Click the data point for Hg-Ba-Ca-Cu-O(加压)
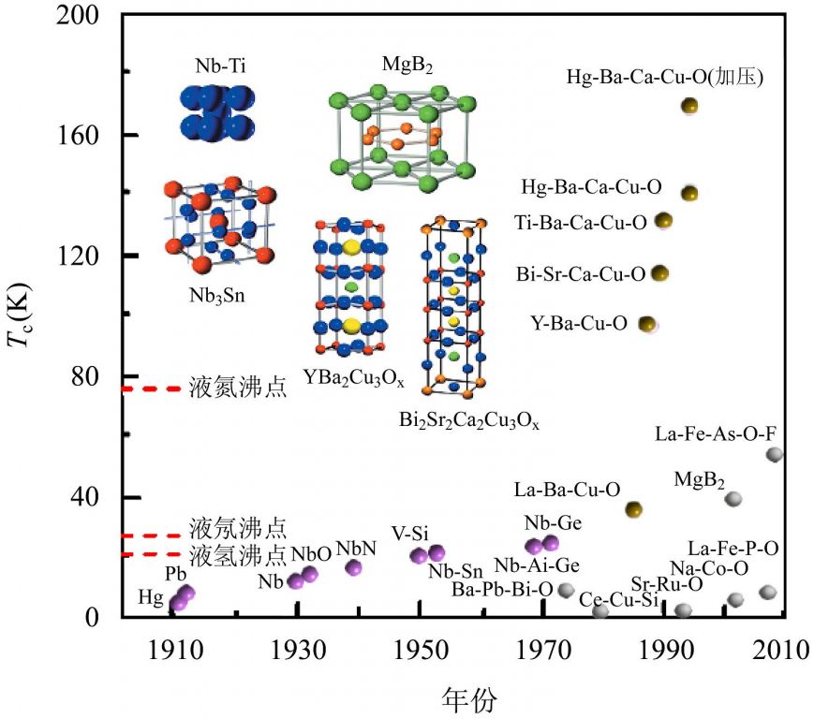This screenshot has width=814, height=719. pos(689,106)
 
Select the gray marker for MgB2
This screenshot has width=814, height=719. pos(733,499)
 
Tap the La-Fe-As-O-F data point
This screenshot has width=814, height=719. pos(775,454)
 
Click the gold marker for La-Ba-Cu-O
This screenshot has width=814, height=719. pos(634,509)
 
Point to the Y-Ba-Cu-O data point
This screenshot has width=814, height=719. pos(646,324)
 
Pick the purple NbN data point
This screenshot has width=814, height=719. pos(354,567)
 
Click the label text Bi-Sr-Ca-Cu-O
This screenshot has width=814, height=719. pos(581,274)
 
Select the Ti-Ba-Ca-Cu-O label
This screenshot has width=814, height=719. pos(581,222)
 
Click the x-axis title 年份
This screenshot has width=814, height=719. pos(469,698)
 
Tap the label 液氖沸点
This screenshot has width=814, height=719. pos(237,526)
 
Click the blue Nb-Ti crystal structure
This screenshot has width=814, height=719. pos(215,112)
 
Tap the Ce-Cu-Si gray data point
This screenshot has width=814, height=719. pos(600,611)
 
